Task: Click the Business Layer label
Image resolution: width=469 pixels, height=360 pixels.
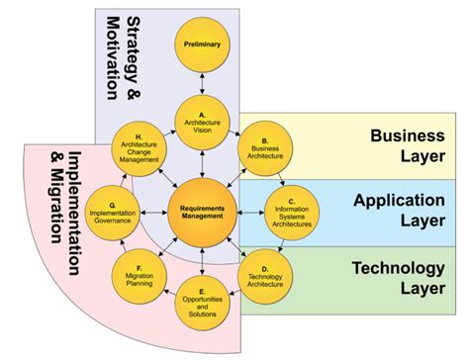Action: tap(408, 145)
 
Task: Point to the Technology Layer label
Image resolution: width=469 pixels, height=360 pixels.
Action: tap(406, 276)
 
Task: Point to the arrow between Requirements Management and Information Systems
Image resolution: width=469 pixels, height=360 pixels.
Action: tap(250, 212)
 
